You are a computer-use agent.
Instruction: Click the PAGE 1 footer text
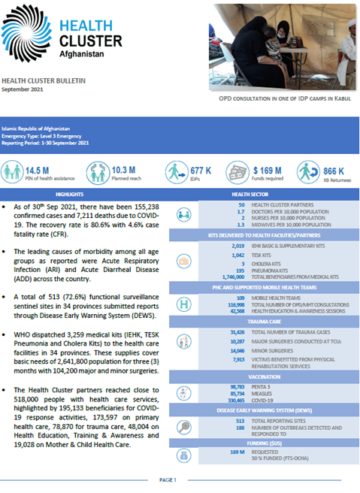coord(169,479)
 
